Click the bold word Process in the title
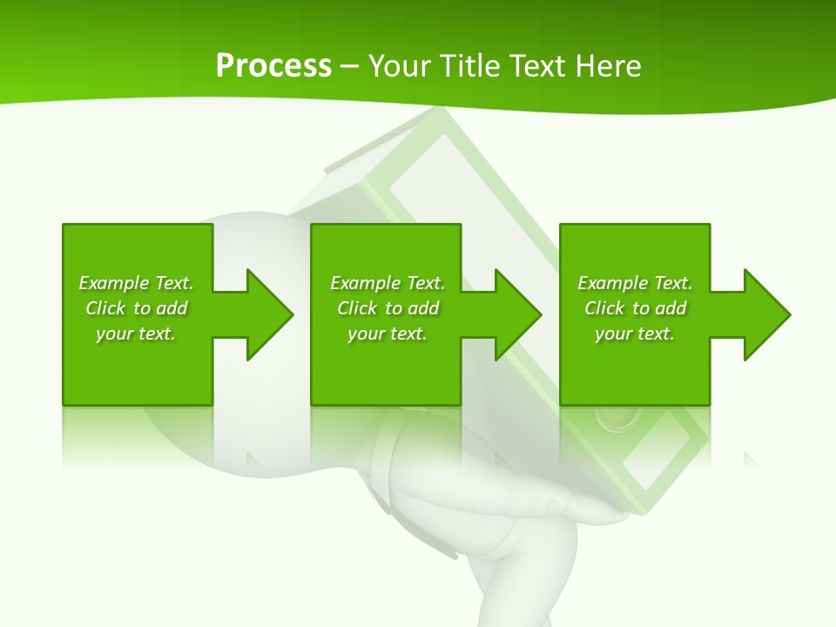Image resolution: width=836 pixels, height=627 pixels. [x=273, y=66]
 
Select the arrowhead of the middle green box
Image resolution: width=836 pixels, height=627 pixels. [x=517, y=314]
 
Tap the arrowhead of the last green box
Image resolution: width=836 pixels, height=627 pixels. [x=766, y=314]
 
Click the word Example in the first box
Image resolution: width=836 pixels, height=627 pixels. [x=114, y=283]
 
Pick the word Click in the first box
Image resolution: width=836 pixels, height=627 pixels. [x=105, y=308]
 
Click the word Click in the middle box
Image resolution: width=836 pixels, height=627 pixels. [x=357, y=308]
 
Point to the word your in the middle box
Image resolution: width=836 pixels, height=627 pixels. [x=366, y=334]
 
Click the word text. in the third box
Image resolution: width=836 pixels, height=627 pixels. [x=655, y=334]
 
